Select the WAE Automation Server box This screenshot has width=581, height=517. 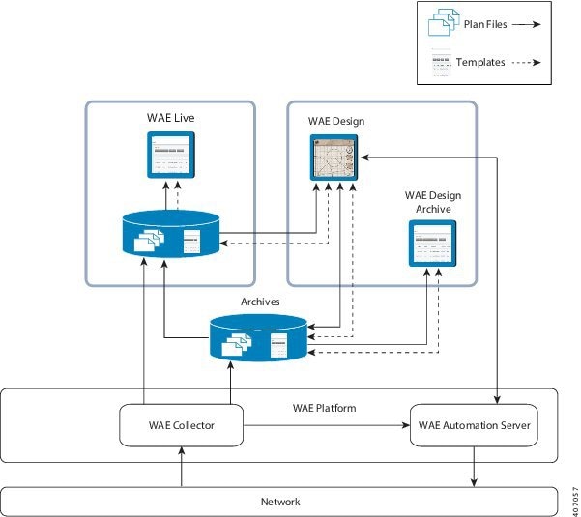pos(474,425)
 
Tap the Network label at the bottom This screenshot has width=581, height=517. pos(280,502)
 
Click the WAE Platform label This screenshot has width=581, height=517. pos(325,408)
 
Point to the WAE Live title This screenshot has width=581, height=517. pos(170,118)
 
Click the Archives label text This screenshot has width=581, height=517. pos(260,302)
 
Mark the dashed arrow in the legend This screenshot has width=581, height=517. pos(523,63)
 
